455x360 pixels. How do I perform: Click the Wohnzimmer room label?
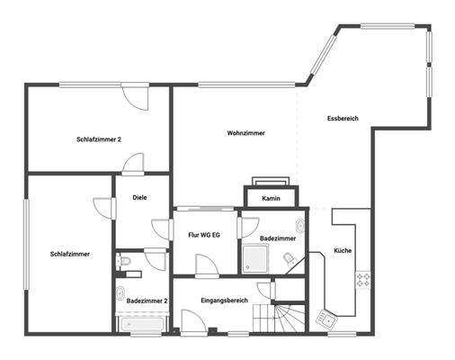[245, 133]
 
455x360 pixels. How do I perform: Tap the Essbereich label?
[343, 118]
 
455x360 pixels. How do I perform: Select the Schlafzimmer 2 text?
[99, 139]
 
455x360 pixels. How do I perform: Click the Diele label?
[139, 197]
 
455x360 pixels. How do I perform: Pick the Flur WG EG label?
[204, 234]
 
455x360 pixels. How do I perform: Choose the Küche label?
[343, 250]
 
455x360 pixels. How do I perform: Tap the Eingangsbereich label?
[224, 300]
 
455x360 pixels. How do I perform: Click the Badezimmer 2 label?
[147, 300]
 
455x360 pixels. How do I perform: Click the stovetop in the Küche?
[363, 280]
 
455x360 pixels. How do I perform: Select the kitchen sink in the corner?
[326, 317]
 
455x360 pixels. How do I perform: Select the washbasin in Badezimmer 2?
[120, 293]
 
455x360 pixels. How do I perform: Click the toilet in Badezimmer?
[289, 259]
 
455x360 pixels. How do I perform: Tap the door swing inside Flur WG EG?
[205, 263]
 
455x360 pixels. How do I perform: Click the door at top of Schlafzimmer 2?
[137, 95]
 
